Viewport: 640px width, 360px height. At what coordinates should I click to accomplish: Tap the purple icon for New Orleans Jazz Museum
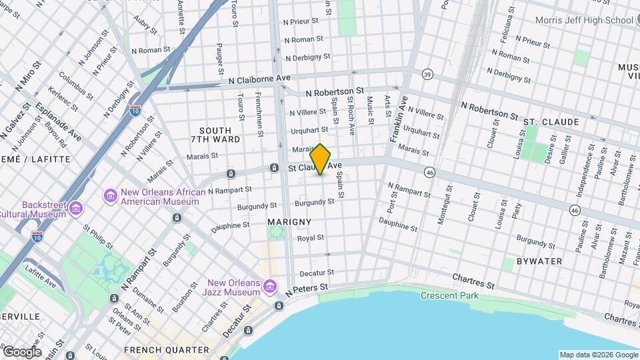pyautogui.click(x=270, y=287)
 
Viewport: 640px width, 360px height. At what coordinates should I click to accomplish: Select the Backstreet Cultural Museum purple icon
pyautogui.click(x=76, y=209)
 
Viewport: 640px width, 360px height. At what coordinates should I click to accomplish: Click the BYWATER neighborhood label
pyautogui.click(x=539, y=261)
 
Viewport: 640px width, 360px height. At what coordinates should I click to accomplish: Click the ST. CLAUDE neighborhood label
pyautogui.click(x=550, y=123)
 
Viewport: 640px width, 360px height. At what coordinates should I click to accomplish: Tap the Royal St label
pyautogui.click(x=310, y=238)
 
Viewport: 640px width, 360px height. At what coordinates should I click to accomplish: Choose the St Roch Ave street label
pyautogui.click(x=351, y=116)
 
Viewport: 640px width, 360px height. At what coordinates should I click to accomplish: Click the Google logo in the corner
pyautogui.click(x=22, y=351)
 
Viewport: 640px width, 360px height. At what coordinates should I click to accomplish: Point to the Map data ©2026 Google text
pyautogui.click(x=598, y=355)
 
